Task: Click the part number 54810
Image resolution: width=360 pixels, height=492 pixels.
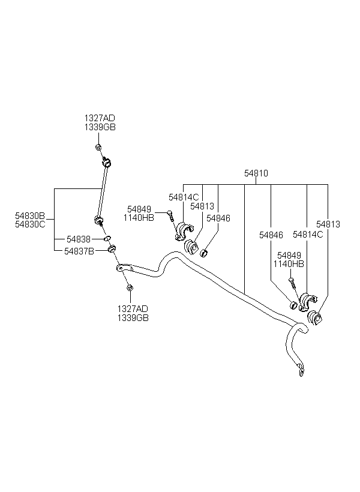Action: point(256,173)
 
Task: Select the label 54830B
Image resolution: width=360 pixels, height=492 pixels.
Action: point(30,216)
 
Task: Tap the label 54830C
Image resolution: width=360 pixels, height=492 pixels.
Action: point(30,224)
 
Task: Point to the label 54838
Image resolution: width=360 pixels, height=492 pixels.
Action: point(79,239)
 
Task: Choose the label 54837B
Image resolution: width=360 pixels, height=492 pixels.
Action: point(79,251)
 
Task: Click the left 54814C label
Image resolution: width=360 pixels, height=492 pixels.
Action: point(184,197)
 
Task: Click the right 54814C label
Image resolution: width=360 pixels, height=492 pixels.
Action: point(308,235)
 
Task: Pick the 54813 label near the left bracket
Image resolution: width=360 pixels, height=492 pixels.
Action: point(202,206)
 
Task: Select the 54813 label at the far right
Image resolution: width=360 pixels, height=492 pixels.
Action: point(328,224)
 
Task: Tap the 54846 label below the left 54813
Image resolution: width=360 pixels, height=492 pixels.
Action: point(218,218)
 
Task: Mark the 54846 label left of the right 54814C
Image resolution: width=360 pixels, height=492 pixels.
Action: point(271,235)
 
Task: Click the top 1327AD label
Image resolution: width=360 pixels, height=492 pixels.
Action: point(100,118)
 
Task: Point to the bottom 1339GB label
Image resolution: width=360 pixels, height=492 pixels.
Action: point(133,317)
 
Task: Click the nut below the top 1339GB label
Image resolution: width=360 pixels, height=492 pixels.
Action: point(98,147)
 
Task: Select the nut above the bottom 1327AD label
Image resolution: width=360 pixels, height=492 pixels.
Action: point(129,288)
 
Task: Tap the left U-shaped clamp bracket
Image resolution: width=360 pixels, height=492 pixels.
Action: point(184,230)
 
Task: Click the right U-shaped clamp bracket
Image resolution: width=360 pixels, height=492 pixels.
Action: point(307,302)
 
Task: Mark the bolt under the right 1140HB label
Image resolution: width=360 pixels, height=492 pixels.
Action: point(292,283)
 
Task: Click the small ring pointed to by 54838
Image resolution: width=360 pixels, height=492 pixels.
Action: point(107,239)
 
